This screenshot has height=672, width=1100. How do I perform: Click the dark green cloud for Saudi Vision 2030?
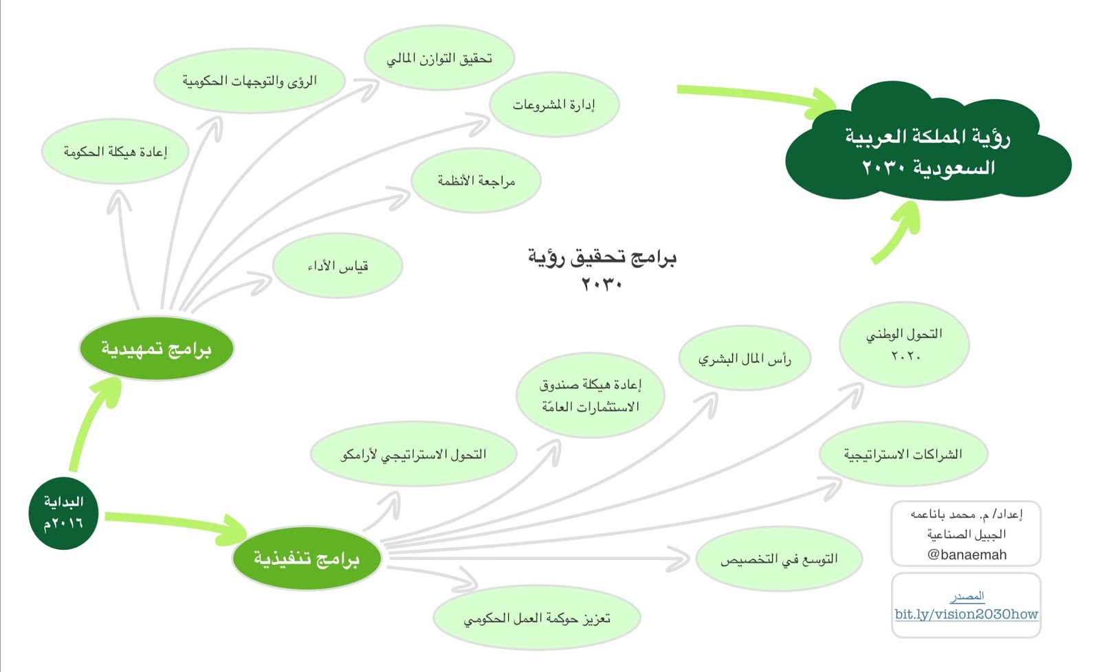tap(927, 148)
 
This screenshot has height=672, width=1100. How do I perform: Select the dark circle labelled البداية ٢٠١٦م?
tap(63, 513)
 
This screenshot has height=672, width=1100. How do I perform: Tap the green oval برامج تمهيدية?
tap(157, 348)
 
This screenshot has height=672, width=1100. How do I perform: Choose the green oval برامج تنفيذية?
tap(307, 558)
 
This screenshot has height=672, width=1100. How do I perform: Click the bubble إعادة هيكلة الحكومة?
tap(115, 151)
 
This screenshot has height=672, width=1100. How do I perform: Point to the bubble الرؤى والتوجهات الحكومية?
tap(249, 81)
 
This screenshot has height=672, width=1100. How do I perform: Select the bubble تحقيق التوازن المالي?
tap(439, 58)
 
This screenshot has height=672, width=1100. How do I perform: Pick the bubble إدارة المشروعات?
tap(554, 104)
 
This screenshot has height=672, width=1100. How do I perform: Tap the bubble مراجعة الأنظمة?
tap(476, 181)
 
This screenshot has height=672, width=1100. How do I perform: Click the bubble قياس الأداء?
tap(338, 266)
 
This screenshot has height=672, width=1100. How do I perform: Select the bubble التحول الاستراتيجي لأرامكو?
tap(413, 454)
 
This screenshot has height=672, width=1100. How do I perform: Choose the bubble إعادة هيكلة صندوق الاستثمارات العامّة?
tap(591, 395)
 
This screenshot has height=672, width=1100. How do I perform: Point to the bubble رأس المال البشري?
tap(745, 359)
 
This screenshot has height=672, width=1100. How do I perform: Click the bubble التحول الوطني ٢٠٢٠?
tap(904, 344)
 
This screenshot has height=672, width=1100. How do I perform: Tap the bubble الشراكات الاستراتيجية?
tap(903, 454)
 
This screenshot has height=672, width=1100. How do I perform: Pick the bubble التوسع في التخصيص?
tap(779, 559)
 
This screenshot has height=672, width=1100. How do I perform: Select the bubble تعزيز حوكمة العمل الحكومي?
tap(537, 618)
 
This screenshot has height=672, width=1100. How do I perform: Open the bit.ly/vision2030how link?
tap(966, 614)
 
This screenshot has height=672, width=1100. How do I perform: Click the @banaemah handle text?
tap(967, 555)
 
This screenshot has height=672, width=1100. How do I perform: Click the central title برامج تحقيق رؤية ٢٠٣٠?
tap(602, 269)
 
